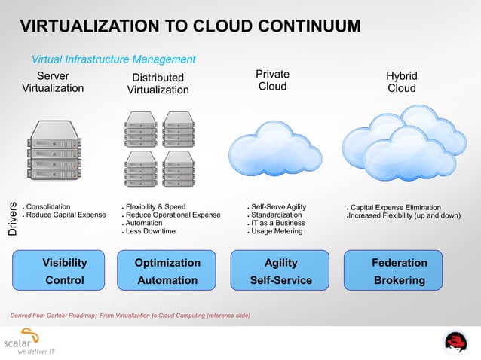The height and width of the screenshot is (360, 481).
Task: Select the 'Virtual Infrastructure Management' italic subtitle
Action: click(x=113, y=59)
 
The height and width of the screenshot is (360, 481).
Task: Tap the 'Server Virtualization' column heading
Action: click(x=53, y=81)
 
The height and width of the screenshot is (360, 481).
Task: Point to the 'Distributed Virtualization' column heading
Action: click(x=158, y=84)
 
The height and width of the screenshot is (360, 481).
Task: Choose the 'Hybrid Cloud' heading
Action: click(x=401, y=82)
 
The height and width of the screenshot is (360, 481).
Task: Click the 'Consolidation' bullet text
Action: click(x=49, y=206)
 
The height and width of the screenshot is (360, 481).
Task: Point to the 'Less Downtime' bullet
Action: click(x=150, y=231)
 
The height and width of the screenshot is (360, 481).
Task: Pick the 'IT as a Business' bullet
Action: click(x=278, y=223)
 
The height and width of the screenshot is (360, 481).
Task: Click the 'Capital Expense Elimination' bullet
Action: click(x=396, y=207)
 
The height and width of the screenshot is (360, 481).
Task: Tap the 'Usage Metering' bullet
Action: click(x=277, y=231)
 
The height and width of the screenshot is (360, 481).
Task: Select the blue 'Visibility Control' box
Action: click(x=64, y=272)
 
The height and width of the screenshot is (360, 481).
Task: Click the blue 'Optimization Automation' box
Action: click(x=167, y=272)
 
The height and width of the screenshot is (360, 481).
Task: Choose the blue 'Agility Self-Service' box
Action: click(x=280, y=272)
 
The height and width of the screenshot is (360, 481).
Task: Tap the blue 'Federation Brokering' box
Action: click(x=399, y=272)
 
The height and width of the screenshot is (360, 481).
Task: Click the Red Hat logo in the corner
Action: click(x=455, y=343)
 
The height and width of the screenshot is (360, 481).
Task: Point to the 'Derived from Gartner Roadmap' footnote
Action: click(x=128, y=314)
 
